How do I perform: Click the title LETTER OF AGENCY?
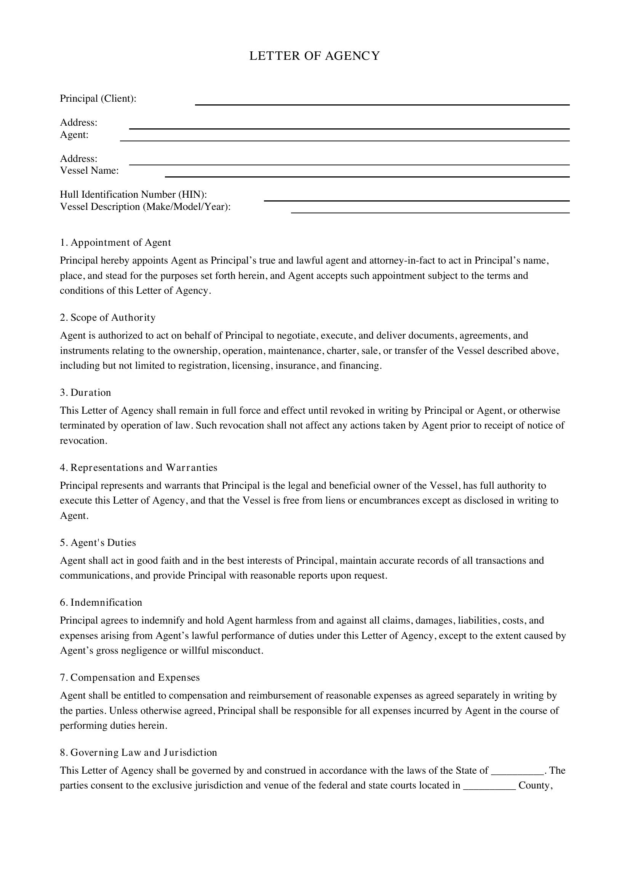click(x=314, y=56)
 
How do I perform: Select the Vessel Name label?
click(x=89, y=171)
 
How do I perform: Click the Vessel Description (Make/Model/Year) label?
click(x=145, y=207)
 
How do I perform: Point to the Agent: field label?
click(x=74, y=135)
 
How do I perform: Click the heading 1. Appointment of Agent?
click(x=115, y=243)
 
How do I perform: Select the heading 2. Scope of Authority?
click(x=107, y=317)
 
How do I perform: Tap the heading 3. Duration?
click(x=85, y=392)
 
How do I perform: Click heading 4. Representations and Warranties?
click(x=139, y=467)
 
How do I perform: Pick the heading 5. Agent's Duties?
click(x=98, y=542)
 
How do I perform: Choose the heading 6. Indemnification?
click(x=101, y=602)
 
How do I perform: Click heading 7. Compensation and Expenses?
click(x=130, y=677)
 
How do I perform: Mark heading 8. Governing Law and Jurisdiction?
click(x=139, y=752)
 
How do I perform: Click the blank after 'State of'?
click(x=518, y=771)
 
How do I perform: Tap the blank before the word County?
click(x=489, y=786)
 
